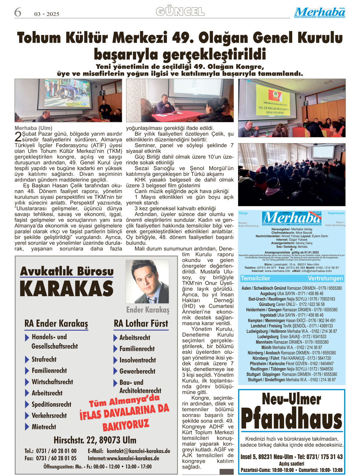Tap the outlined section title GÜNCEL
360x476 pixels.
click(180, 12)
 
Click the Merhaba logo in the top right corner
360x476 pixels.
click(320, 13)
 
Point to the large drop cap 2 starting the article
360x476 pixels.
click(18, 136)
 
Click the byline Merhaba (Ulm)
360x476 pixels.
click(33, 128)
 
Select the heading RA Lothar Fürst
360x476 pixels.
click(141, 323)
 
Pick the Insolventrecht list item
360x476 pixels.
click(137, 360)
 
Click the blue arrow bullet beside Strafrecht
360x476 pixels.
click(27, 360)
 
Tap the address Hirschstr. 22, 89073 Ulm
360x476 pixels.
click(95, 440)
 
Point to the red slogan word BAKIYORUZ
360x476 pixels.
click(125, 425)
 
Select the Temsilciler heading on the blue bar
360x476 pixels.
click(255, 278)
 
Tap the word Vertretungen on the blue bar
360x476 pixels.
click(325, 278)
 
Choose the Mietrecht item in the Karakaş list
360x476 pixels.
click(44, 427)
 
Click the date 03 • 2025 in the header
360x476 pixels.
click(47, 14)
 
